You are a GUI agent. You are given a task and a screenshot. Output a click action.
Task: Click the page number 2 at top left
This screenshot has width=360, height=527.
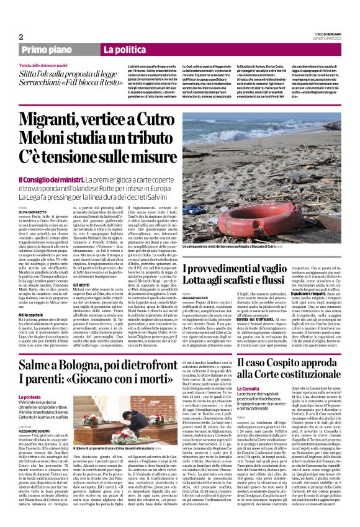20,36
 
